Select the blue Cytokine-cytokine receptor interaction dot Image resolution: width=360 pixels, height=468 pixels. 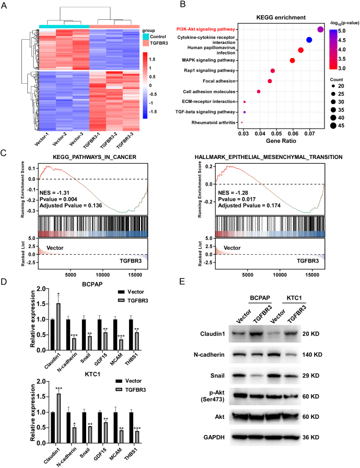coord(309,40)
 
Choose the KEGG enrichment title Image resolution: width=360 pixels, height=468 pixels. coord(277,17)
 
